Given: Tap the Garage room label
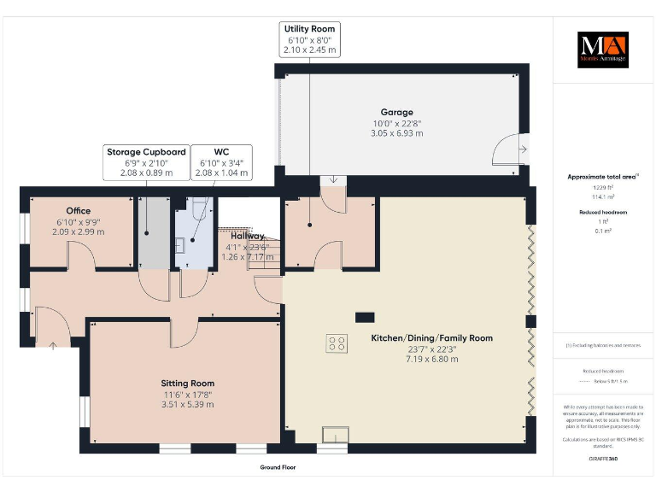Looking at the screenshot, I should coord(396,112).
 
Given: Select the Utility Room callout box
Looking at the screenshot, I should coord(311,40).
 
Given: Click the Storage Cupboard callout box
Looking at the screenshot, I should coord(145,162).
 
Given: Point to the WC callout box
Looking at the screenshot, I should coord(220,162).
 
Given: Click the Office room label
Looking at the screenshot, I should coord(78,210).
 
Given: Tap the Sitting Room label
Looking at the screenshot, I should coord(188,384).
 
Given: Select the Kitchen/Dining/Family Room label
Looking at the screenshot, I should coord(431,338).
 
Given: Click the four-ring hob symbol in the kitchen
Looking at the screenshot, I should coord(337,343).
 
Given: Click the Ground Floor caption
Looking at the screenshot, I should coord(278,467).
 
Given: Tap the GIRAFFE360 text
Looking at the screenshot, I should coord(603,459).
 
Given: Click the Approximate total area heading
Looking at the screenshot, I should coord(603,177).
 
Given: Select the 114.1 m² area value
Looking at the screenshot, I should coord(603,196).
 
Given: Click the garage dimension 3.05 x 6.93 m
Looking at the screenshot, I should coord(396,134).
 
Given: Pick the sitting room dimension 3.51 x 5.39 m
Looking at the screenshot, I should coord(188,406).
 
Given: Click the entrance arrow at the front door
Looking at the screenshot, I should coord(52,345).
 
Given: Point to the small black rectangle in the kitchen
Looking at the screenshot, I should coord(365,317).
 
